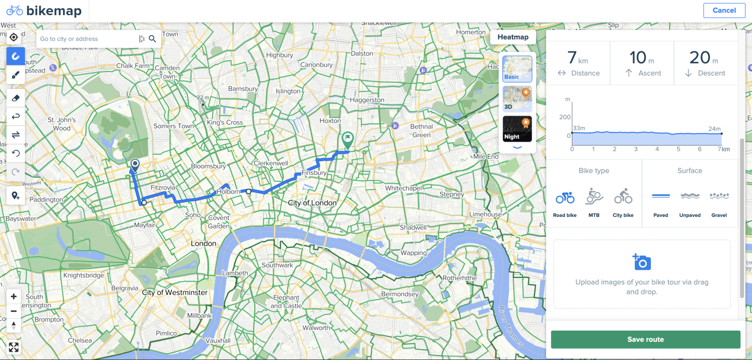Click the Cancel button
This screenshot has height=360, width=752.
tap(724, 10)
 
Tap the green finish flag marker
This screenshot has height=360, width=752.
tap(347, 140)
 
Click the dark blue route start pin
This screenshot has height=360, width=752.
tap(135, 166)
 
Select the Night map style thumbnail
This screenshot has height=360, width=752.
tap(517, 129)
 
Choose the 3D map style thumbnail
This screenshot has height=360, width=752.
tap(517, 99)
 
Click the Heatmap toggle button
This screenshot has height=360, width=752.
tap(513, 37)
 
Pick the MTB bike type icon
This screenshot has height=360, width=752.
tap(594, 197)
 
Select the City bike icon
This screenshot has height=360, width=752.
tap(623, 197)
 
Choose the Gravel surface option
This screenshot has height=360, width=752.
tap(719, 196)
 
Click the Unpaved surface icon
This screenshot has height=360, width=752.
tap(690, 196)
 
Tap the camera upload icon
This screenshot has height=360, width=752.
tap(641, 262)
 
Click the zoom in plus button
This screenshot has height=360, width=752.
tap(14, 296)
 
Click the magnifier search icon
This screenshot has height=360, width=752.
tap(152, 39)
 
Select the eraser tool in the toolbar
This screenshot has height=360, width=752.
tap(15, 98)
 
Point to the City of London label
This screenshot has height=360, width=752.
tap(312, 203)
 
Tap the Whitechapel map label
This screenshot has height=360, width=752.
tap(403, 188)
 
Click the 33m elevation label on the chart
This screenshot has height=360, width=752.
tap(579, 128)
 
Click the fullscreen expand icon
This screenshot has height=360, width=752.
tap(14, 347)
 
